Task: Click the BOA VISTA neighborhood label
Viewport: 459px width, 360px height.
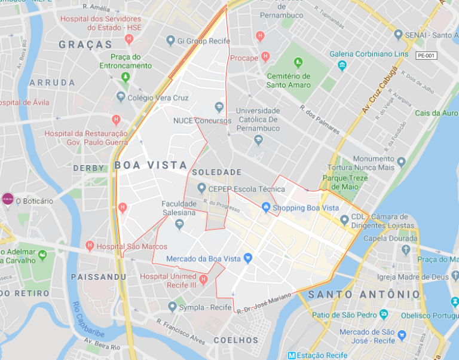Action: click(150, 165)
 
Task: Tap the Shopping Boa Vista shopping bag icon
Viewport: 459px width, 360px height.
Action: click(266, 208)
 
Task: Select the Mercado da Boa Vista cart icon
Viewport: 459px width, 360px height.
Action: click(248, 258)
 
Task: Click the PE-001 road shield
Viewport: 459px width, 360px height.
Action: click(426, 55)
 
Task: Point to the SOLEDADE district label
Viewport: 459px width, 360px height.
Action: click(217, 172)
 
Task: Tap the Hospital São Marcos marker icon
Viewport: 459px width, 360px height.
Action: click(90, 246)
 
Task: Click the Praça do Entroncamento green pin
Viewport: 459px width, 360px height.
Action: click(126, 77)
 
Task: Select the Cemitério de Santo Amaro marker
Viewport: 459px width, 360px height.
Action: click(298, 62)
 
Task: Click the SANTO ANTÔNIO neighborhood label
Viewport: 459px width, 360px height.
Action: click(364, 294)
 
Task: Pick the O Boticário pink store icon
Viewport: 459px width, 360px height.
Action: click(8, 199)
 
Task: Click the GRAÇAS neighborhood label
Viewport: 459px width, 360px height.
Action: click(86, 44)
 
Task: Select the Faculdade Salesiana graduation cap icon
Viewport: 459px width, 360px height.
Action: click(179, 224)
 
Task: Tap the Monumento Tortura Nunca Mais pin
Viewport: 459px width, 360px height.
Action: click(401, 161)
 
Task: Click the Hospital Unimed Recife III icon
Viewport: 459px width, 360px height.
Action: click(203, 279)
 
